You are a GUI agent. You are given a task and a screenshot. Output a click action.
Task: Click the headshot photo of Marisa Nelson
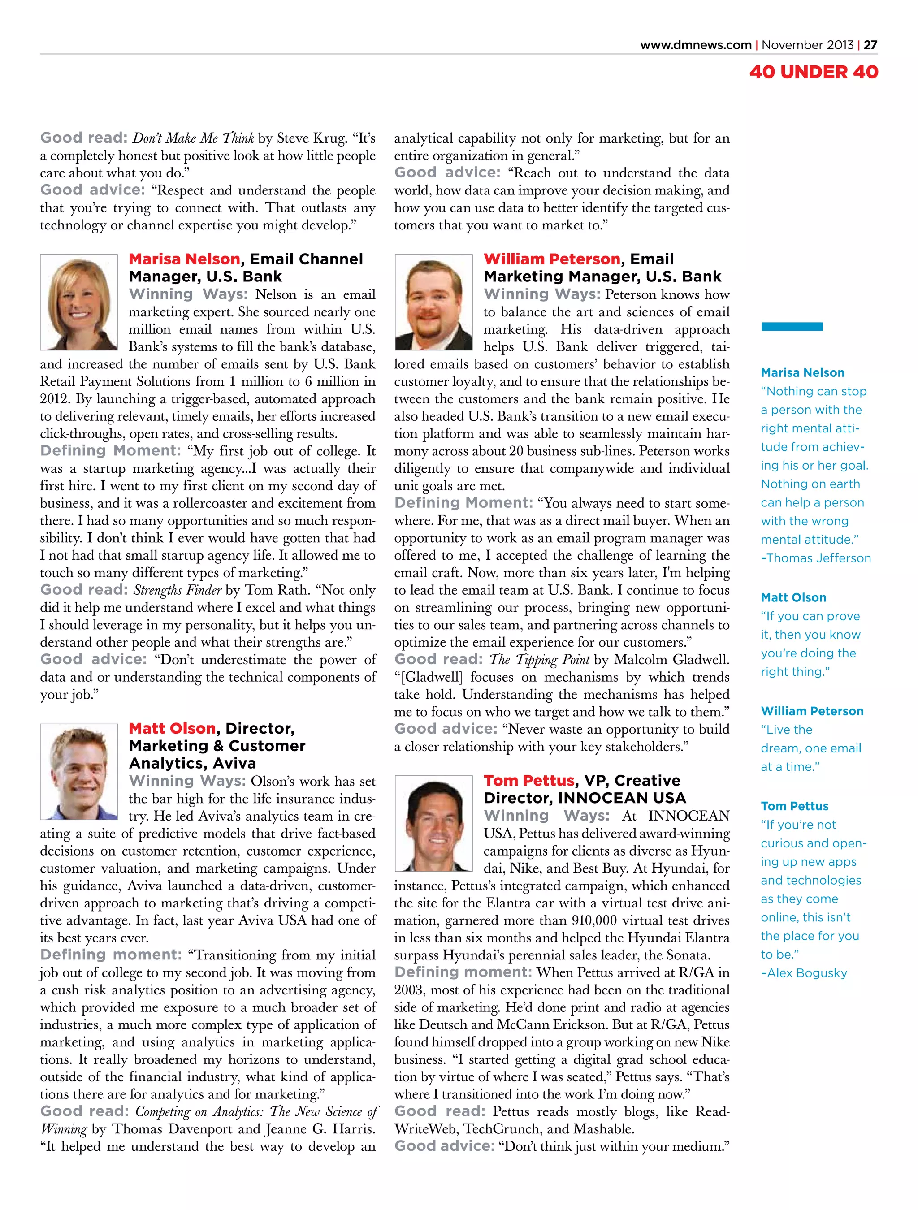(79, 302)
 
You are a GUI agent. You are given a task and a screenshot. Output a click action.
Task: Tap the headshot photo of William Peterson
(433, 302)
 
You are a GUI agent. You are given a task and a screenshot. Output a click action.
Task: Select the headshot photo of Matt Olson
(79, 771)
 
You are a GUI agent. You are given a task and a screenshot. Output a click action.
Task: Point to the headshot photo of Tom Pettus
(433, 823)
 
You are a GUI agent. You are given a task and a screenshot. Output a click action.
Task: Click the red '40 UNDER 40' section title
(813, 72)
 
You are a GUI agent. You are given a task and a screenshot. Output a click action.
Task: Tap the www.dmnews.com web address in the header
(695, 45)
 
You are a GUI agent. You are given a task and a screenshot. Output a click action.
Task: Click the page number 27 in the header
(870, 45)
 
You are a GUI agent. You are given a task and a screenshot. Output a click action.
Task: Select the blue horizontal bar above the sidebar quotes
(792, 327)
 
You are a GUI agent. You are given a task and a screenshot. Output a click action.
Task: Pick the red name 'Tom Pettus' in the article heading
(528, 780)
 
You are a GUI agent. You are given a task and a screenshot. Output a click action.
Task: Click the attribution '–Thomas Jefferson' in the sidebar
(815, 558)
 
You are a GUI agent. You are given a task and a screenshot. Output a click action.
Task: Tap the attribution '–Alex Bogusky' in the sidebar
(804, 972)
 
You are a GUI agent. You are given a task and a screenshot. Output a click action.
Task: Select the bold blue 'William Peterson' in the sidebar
(812, 711)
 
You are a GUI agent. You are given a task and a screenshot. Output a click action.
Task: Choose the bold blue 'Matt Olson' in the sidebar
(793, 597)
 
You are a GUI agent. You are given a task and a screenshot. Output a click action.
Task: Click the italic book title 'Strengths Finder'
(177, 590)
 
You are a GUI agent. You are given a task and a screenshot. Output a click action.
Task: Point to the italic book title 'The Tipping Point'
(539, 660)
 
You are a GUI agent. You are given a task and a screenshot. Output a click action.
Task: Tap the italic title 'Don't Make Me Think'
(193, 138)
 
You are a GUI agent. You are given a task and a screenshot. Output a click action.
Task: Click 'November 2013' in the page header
(807, 45)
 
